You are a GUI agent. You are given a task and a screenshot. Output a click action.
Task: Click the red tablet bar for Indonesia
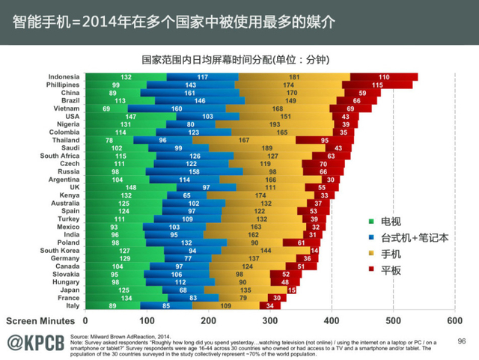pos(384,77)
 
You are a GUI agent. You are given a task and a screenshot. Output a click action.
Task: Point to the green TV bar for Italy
pos(112,305)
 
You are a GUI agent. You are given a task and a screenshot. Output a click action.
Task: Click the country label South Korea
pos(60,250)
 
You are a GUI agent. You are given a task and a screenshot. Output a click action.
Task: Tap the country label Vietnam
pos(66,109)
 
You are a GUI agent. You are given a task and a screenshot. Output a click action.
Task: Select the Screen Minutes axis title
pos(38,320)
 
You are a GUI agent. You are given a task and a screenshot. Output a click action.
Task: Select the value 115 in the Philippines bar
pos(378,85)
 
